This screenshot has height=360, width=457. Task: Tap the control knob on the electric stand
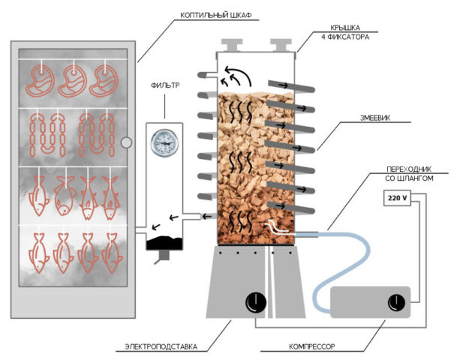coord(255,301)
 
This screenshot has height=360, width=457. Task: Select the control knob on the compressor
coord(395,302)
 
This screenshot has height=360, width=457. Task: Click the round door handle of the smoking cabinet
coord(126,141)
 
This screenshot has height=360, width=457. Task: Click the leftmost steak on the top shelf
coord(41,81)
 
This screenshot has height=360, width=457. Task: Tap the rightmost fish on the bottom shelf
coord(112,251)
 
